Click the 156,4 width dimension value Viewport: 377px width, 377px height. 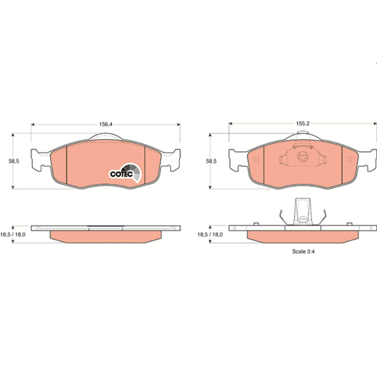click(x=106, y=124)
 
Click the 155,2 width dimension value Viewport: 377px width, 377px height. click(x=303, y=123)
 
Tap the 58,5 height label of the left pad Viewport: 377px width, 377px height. click(x=14, y=161)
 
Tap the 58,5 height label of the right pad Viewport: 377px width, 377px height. click(x=211, y=161)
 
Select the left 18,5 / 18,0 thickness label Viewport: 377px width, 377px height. click(x=13, y=234)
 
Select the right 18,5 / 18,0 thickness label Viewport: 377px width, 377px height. click(x=210, y=234)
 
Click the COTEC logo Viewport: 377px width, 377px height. click(x=125, y=172)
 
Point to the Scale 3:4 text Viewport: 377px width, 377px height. click(x=303, y=252)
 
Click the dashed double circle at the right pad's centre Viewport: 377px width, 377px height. click(x=303, y=157)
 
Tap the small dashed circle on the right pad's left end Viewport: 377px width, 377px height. click(x=256, y=159)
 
